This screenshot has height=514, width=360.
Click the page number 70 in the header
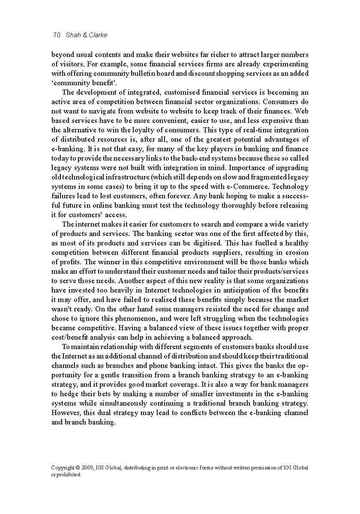(57, 35)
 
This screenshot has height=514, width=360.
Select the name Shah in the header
(73, 35)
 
